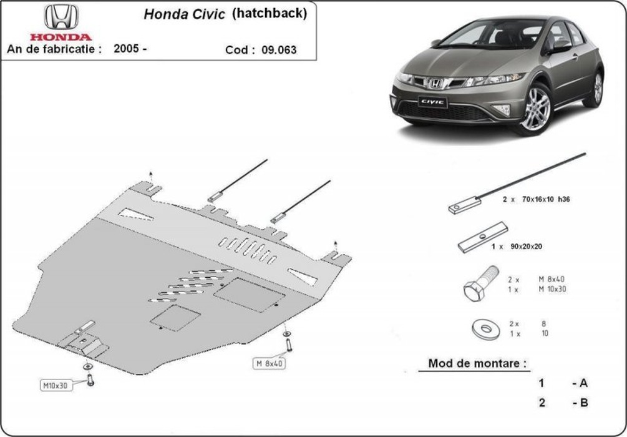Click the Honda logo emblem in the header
pos(61,17)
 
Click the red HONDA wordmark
pos(61,37)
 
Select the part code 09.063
pos(279,50)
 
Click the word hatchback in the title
pos(270,13)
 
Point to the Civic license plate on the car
pos(432,102)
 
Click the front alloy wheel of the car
pos(535,109)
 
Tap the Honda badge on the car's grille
pos(435,83)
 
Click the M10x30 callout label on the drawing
pos(56,385)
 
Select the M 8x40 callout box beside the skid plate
pos(269,363)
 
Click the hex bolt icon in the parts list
pos(481,283)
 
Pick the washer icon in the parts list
pos(486,329)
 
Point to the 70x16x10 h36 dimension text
pos(547,199)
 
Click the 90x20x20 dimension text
pos(526,247)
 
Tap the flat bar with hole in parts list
pos(483,237)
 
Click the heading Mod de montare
pos(477,363)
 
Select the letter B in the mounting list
pos(584,402)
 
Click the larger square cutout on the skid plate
pos(249,295)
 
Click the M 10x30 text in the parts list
pos(552,289)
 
